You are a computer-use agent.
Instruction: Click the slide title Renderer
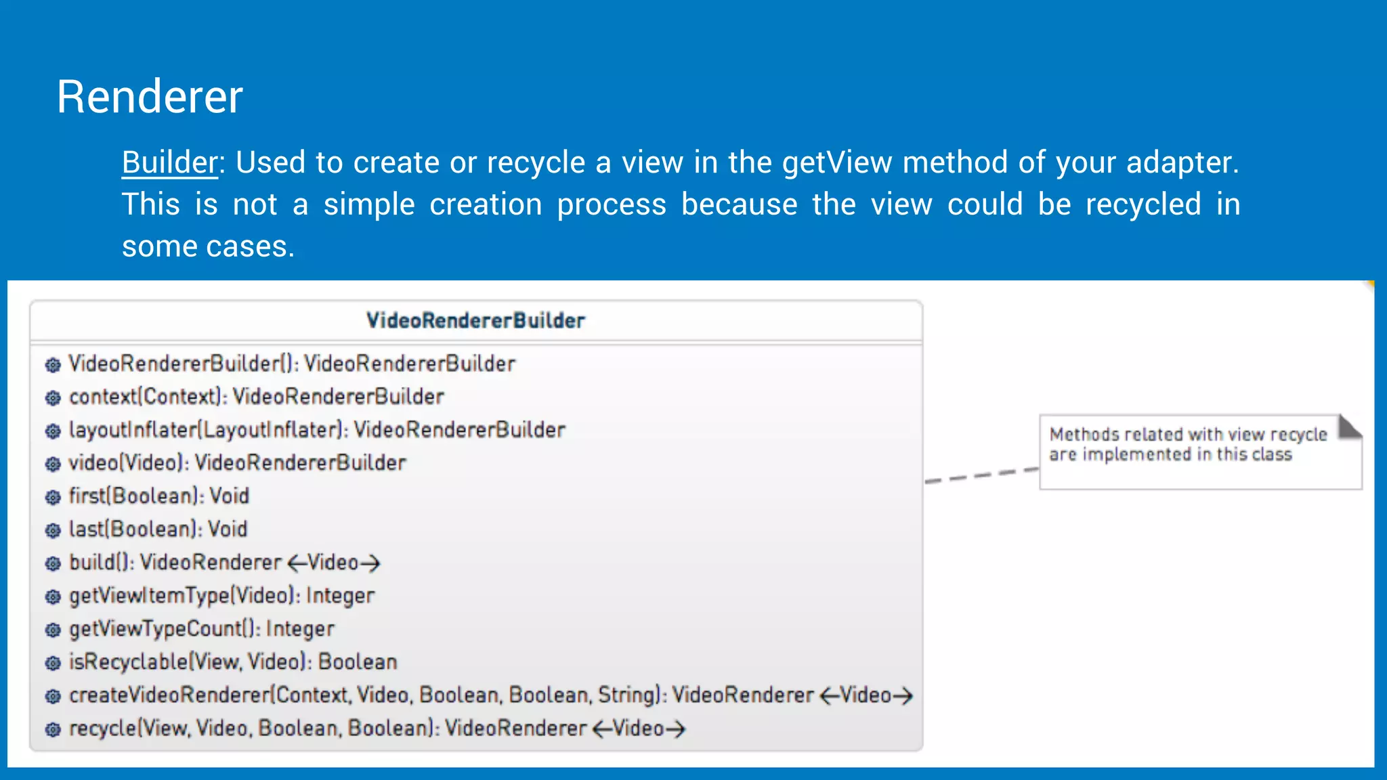150,97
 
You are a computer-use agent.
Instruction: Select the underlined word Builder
169,163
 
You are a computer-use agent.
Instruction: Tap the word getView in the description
837,163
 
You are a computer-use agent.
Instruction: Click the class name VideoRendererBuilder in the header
475,321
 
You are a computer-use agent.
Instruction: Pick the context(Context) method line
256,397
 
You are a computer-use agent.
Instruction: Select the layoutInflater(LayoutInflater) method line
316,430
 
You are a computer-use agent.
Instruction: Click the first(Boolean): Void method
158,496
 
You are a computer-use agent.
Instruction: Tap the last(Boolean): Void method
158,529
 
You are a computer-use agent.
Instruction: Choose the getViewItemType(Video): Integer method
221,596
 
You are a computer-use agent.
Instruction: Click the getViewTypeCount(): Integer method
201,629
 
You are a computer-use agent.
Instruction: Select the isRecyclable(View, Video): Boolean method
232,662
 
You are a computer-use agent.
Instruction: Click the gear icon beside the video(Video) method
53,464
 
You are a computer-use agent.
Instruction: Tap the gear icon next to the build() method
53,564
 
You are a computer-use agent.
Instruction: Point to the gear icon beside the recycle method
53,730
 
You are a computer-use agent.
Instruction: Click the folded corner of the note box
1349,427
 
